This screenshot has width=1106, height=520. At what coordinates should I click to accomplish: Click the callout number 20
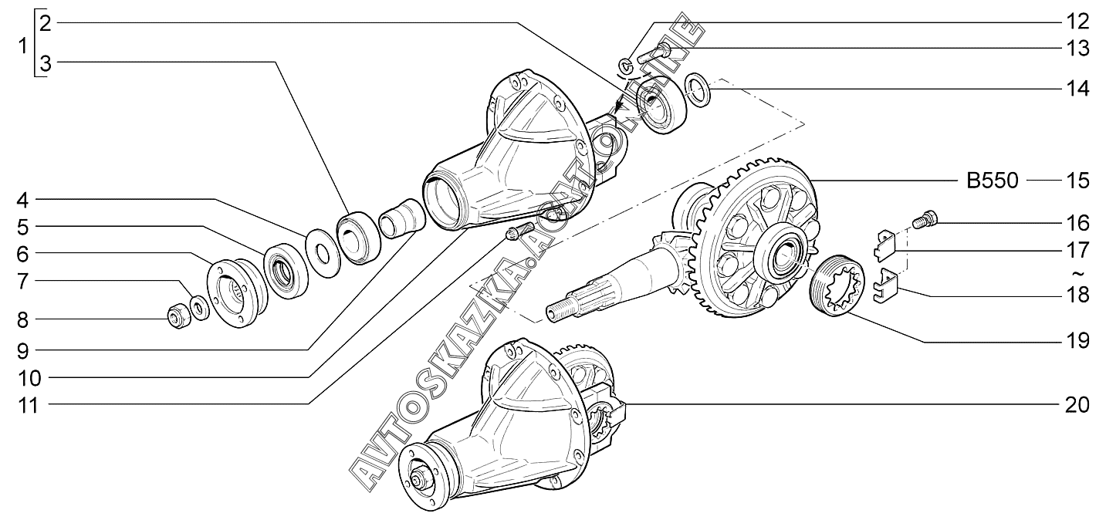click(x=1077, y=404)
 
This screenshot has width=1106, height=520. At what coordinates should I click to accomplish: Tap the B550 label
click(x=992, y=181)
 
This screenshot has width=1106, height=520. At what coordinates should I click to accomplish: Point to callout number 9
click(x=23, y=350)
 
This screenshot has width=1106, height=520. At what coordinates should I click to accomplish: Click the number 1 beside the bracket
click(x=22, y=46)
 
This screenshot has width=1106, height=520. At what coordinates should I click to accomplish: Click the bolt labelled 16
click(x=925, y=221)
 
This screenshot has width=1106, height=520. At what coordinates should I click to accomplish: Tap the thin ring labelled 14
click(x=698, y=90)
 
